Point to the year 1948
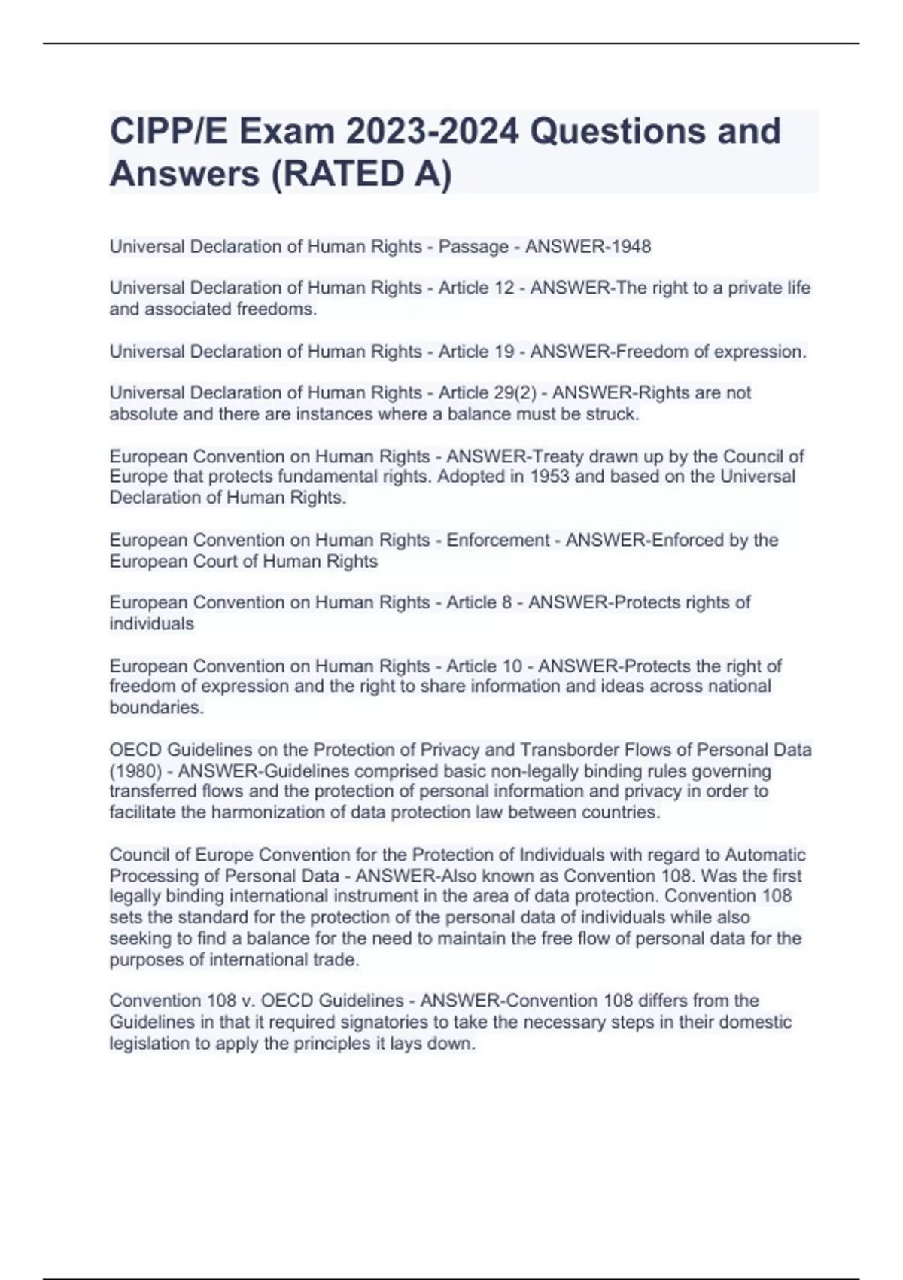[x=631, y=247]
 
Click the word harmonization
[x=287, y=813]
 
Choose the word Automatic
[x=765, y=855]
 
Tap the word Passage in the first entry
[x=473, y=247]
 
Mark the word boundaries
[x=156, y=708]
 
